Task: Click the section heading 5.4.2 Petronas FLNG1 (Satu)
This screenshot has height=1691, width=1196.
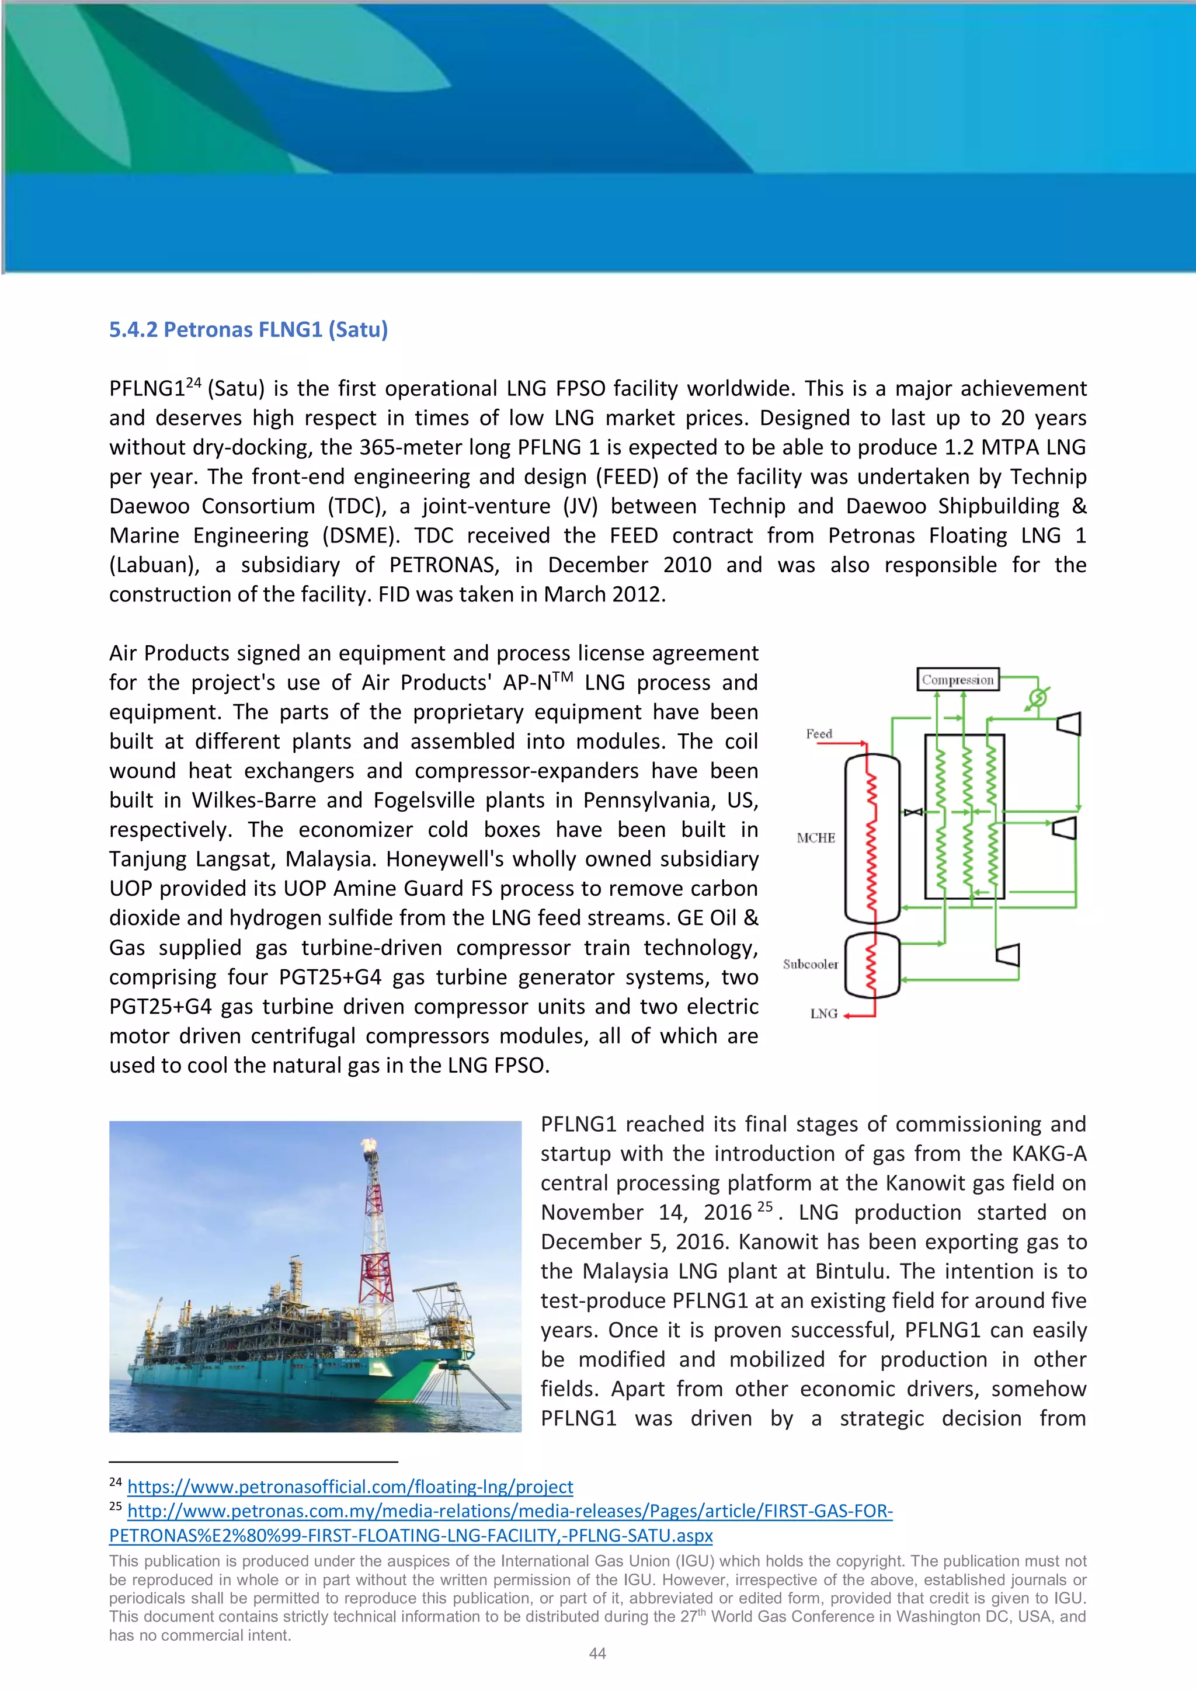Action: click(248, 329)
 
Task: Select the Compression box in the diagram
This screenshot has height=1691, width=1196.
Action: click(957, 679)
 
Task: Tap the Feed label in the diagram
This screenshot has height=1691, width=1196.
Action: click(819, 733)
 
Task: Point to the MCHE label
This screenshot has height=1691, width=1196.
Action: click(815, 837)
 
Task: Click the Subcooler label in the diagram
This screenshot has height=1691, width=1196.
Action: click(810, 964)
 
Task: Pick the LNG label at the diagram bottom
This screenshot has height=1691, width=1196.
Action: click(823, 1014)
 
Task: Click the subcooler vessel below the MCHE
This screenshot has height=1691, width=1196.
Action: click(872, 965)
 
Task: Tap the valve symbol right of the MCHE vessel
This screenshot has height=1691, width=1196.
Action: click(913, 812)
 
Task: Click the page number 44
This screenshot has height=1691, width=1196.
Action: click(597, 1654)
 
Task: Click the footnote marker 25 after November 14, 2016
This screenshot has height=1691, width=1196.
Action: click(765, 1207)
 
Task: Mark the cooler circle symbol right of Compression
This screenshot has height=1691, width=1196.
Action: click(1038, 697)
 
